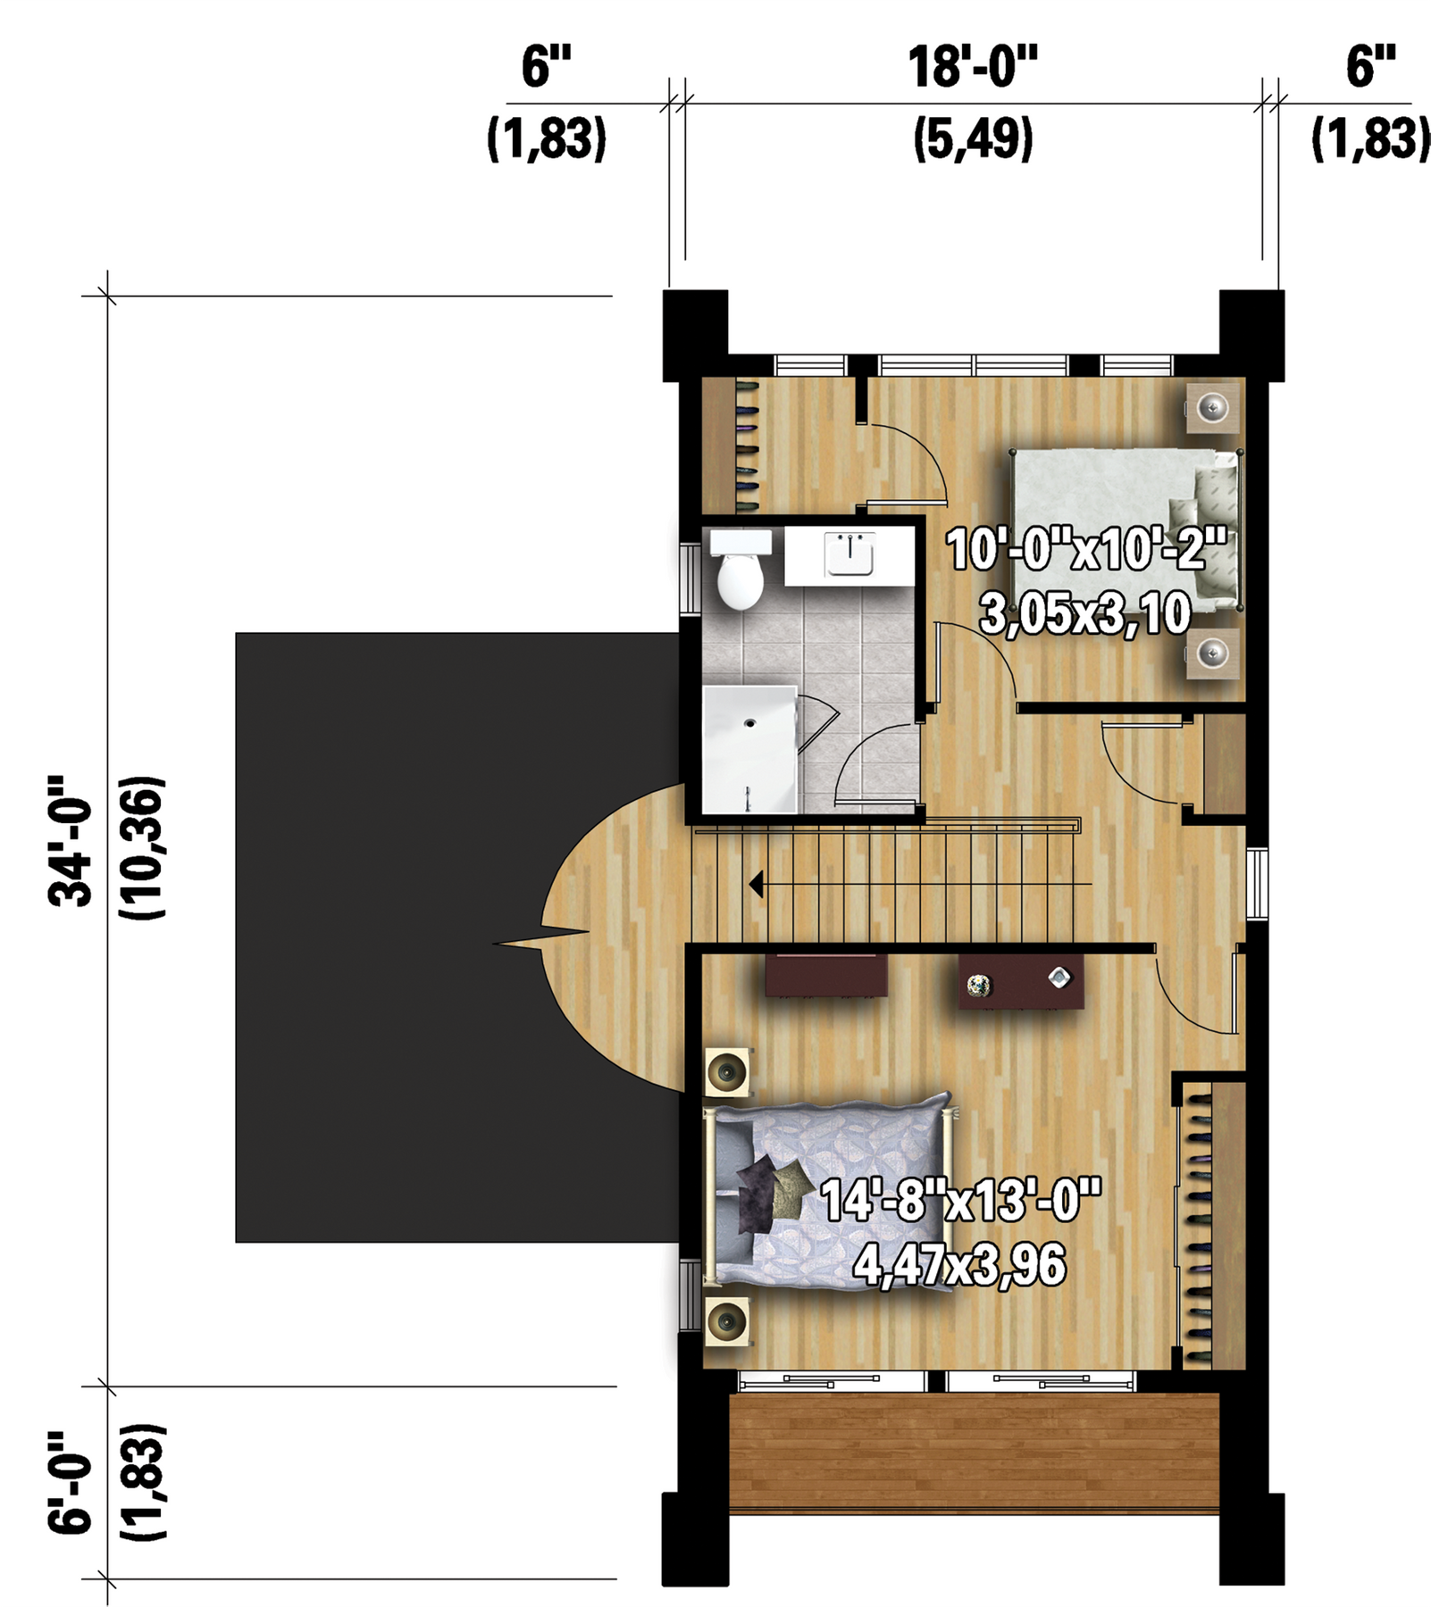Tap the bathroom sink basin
pyautogui.click(x=849, y=555)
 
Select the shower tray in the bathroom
pyautogui.click(x=749, y=750)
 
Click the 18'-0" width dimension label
pyautogui.click(x=973, y=67)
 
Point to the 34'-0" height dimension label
pyautogui.click(x=71, y=841)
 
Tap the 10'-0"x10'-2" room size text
pyautogui.click(x=1086, y=549)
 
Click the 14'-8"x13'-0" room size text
pyautogui.click(x=960, y=1200)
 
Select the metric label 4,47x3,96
pyautogui.click(x=960, y=1265)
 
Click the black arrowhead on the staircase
pyautogui.click(x=756, y=885)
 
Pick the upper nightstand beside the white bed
pyautogui.click(x=1213, y=408)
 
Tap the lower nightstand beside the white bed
pyautogui.click(x=1213, y=654)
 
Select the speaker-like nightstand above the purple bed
pyautogui.click(x=728, y=1070)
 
